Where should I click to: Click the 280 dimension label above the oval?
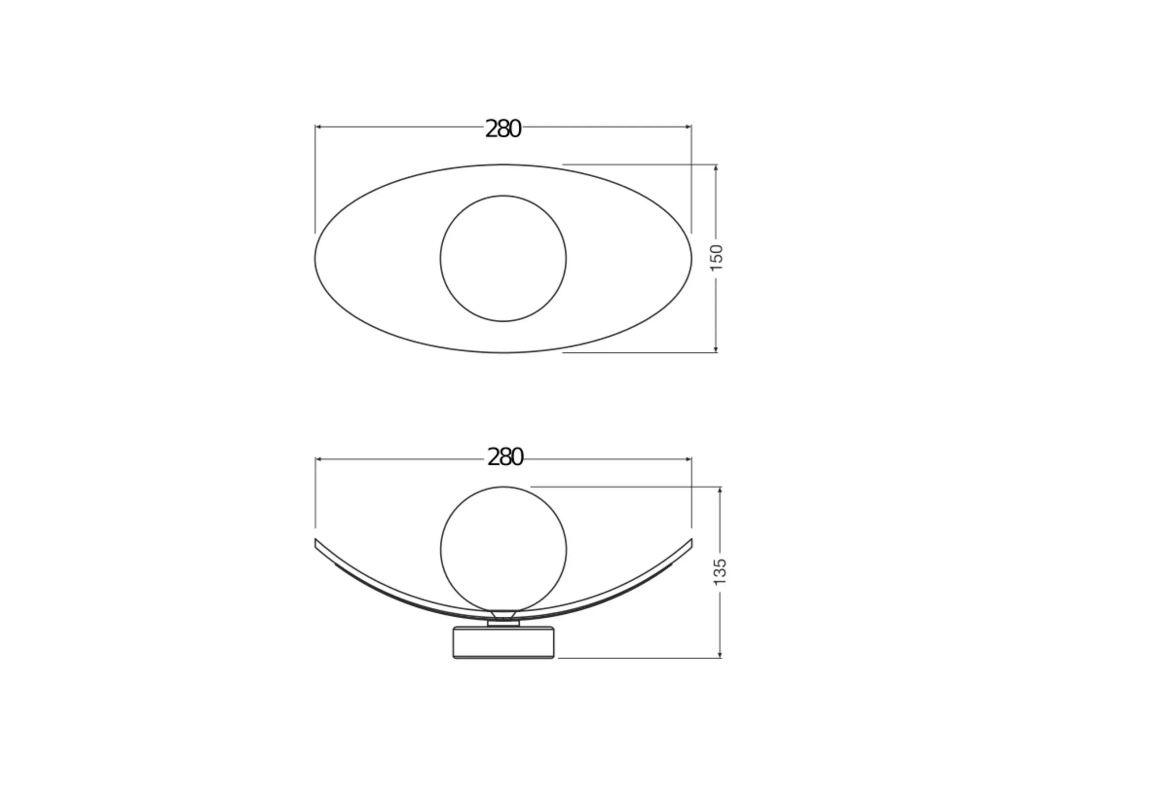[x=503, y=129]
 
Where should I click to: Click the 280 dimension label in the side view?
[x=505, y=457]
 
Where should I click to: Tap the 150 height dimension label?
[x=716, y=258]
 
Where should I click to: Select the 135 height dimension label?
[x=719, y=572]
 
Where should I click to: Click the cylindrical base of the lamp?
[x=503, y=642]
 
